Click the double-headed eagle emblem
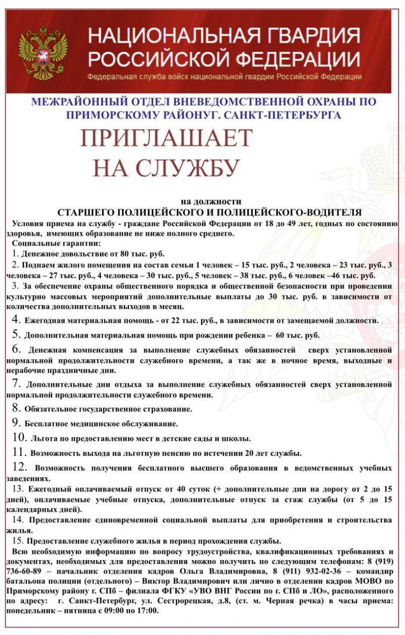(43, 53)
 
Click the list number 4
(16, 319)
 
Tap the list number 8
(16, 407)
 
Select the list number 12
(19, 467)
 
